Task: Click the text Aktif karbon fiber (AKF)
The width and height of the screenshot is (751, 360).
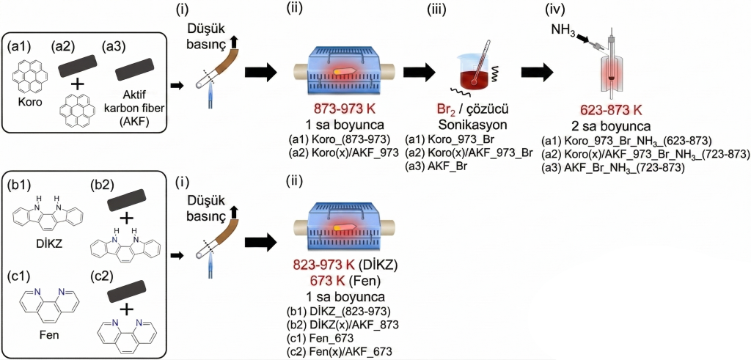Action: pyautogui.click(x=138, y=111)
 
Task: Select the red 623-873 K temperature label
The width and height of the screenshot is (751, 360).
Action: pyautogui.click(x=612, y=110)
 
